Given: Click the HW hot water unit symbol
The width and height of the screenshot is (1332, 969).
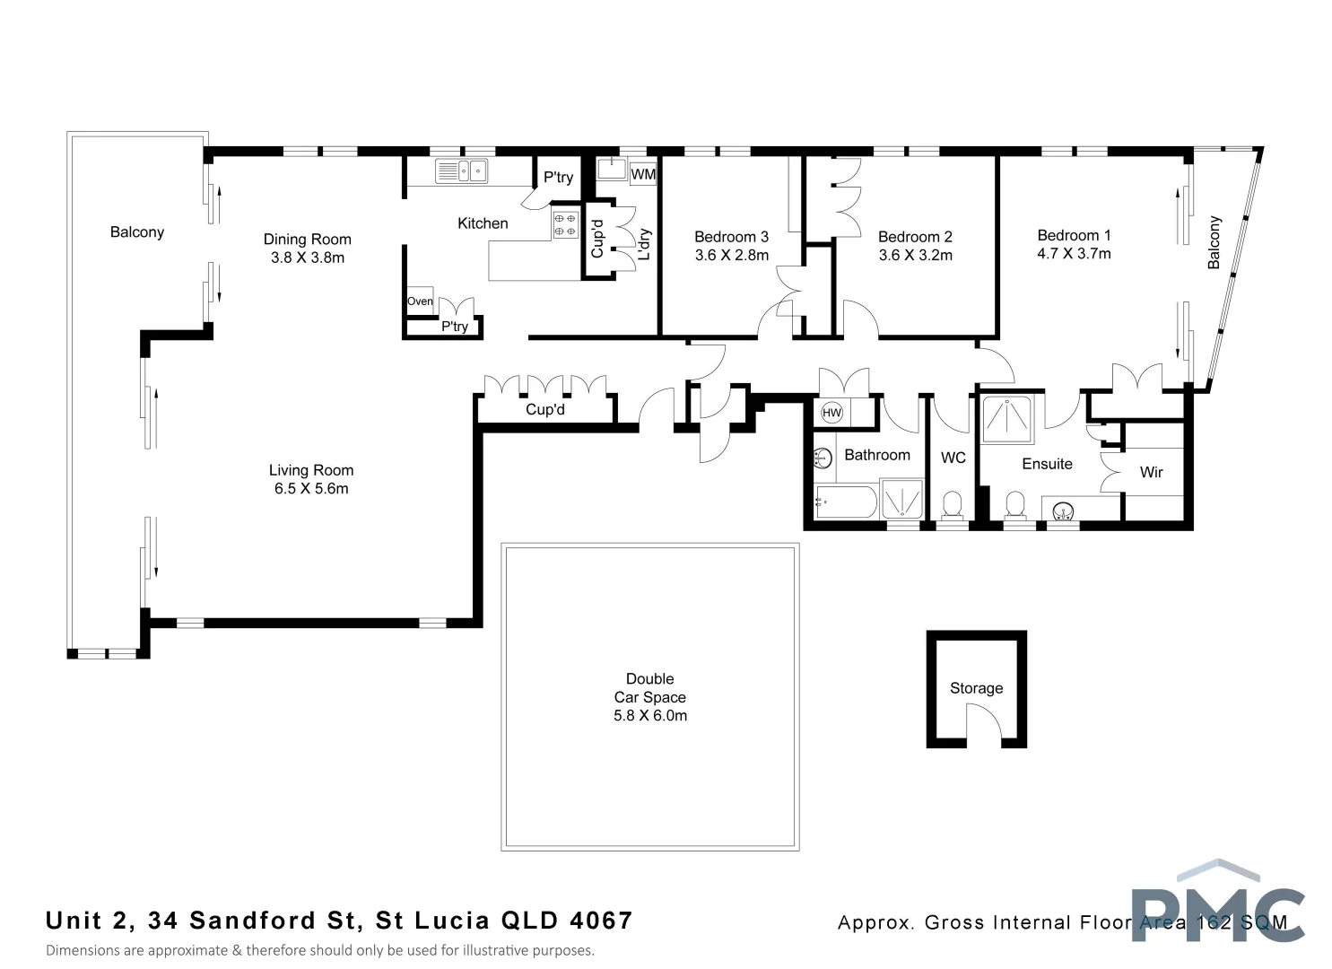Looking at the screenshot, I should [831, 413].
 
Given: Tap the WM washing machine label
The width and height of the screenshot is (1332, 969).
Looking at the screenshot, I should [643, 174].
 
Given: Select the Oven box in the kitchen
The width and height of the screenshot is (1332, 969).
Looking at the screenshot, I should [420, 301].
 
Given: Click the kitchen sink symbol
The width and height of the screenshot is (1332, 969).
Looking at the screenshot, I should [462, 170].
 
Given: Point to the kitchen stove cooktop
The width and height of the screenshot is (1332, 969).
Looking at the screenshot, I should [565, 224].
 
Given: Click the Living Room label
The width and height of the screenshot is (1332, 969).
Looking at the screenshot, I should [311, 470].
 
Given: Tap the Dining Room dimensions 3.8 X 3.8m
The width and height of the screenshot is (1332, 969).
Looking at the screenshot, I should [308, 258].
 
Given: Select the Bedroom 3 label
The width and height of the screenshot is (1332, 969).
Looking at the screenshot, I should [731, 237].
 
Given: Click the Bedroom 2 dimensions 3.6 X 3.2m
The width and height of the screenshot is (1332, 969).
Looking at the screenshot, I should [915, 255].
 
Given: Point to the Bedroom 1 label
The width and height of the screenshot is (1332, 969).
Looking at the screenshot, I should [1074, 235].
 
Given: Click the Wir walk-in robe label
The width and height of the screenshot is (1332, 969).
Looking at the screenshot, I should [1151, 472].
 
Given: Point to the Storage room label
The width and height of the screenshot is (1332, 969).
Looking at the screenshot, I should [976, 688].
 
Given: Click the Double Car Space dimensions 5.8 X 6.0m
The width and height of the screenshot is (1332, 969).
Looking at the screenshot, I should [650, 715].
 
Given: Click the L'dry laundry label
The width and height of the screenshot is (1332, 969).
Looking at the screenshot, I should [643, 244].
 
